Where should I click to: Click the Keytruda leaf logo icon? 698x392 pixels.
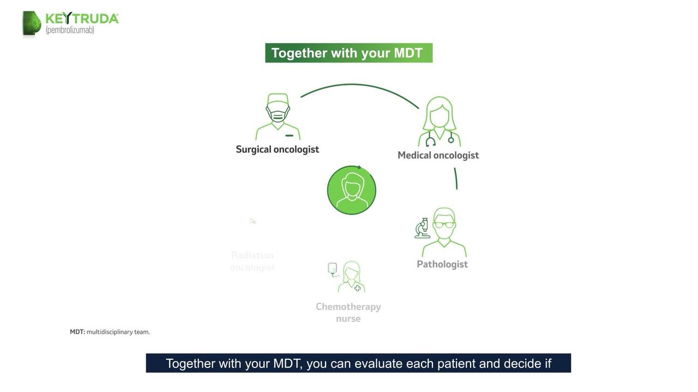click(x=32, y=23)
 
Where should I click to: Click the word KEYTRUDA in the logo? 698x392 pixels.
click(x=82, y=19)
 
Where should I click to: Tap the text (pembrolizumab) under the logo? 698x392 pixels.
click(x=70, y=30)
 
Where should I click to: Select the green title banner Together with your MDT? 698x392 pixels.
click(x=348, y=53)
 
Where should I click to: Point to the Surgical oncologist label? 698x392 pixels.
click(x=277, y=149)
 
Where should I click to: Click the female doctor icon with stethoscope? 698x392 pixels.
click(x=439, y=121)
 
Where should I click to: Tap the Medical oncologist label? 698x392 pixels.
click(x=438, y=155)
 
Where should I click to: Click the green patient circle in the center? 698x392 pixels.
click(x=351, y=190)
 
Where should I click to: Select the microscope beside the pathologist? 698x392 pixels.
click(x=422, y=229)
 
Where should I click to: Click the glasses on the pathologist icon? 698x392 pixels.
click(x=444, y=224)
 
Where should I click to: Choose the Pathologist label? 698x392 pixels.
click(x=442, y=264)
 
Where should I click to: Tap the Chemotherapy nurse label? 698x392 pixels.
click(x=348, y=313)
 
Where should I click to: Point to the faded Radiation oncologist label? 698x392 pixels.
click(x=252, y=261)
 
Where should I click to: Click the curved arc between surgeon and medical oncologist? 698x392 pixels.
click(x=354, y=85)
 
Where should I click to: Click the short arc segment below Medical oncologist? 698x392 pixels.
click(x=456, y=179)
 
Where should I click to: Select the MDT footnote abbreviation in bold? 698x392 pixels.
click(x=77, y=332)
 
